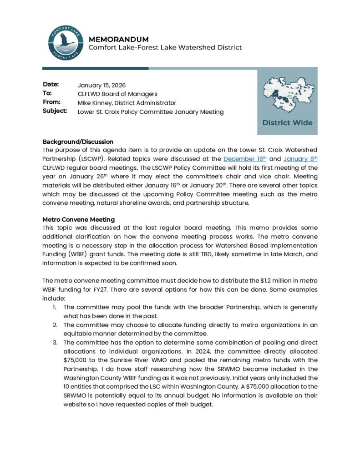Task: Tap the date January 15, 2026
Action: coord(101,85)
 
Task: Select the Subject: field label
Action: coord(55,111)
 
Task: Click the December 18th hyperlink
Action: coord(244,158)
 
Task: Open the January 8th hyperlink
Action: coord(300,158)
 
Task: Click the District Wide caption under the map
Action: coord(287,122)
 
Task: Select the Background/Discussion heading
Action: coord(78,142)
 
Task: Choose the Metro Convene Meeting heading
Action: coord(78,220)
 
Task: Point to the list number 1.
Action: coord(55,307)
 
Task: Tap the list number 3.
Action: coord(55,342)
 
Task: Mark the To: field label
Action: coord(47,94)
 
